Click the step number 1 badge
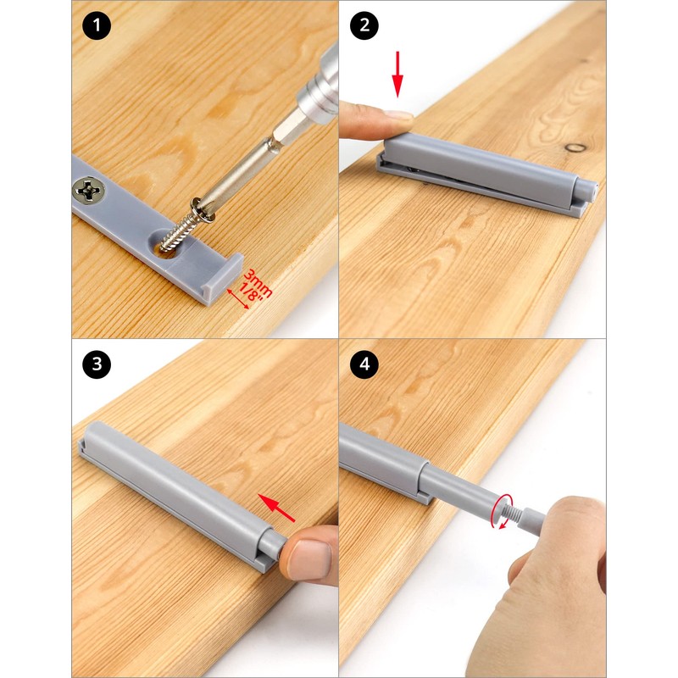click(x=97, y=25)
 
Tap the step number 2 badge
click(x=364, y=25)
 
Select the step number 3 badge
click(x=97, y=364)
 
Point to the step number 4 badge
click(x=364, y=364)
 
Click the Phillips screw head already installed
click(x=89, y=190)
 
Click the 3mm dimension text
click(x=258, y=283)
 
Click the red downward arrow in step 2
click(x=397, y=75)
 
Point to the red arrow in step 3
click(x=276, y=508)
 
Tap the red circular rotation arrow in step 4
click(x=502, y=512)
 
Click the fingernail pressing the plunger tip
click(x=310, y=558)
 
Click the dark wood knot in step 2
click(x=576, y=147)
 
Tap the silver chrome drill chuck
click(x=320, y=86)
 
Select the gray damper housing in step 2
click(x=487, y=173)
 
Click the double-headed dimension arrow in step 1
click(x=238, y=298)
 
